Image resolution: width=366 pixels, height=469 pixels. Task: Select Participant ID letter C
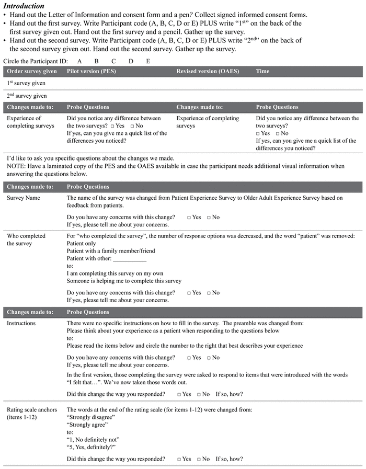tap(113, 61)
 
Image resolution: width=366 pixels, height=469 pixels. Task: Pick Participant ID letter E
tap(148, 61)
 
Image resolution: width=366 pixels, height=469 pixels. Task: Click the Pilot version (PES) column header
tap(91, 71)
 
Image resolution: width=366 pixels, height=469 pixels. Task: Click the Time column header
tap(263, 71)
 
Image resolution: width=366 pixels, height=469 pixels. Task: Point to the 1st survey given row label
tap(26, 83)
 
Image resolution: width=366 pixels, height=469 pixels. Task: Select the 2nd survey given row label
tap(27, 96)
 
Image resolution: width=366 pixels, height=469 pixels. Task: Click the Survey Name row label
tap(23, 198)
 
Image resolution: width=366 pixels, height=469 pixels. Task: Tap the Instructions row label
tap(21, 323)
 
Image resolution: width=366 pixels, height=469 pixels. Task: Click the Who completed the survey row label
tap(26, 239)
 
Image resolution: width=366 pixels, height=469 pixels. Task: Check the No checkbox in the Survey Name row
tap(209, 218)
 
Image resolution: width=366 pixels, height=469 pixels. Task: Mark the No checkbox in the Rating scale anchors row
tap(199, 459)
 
